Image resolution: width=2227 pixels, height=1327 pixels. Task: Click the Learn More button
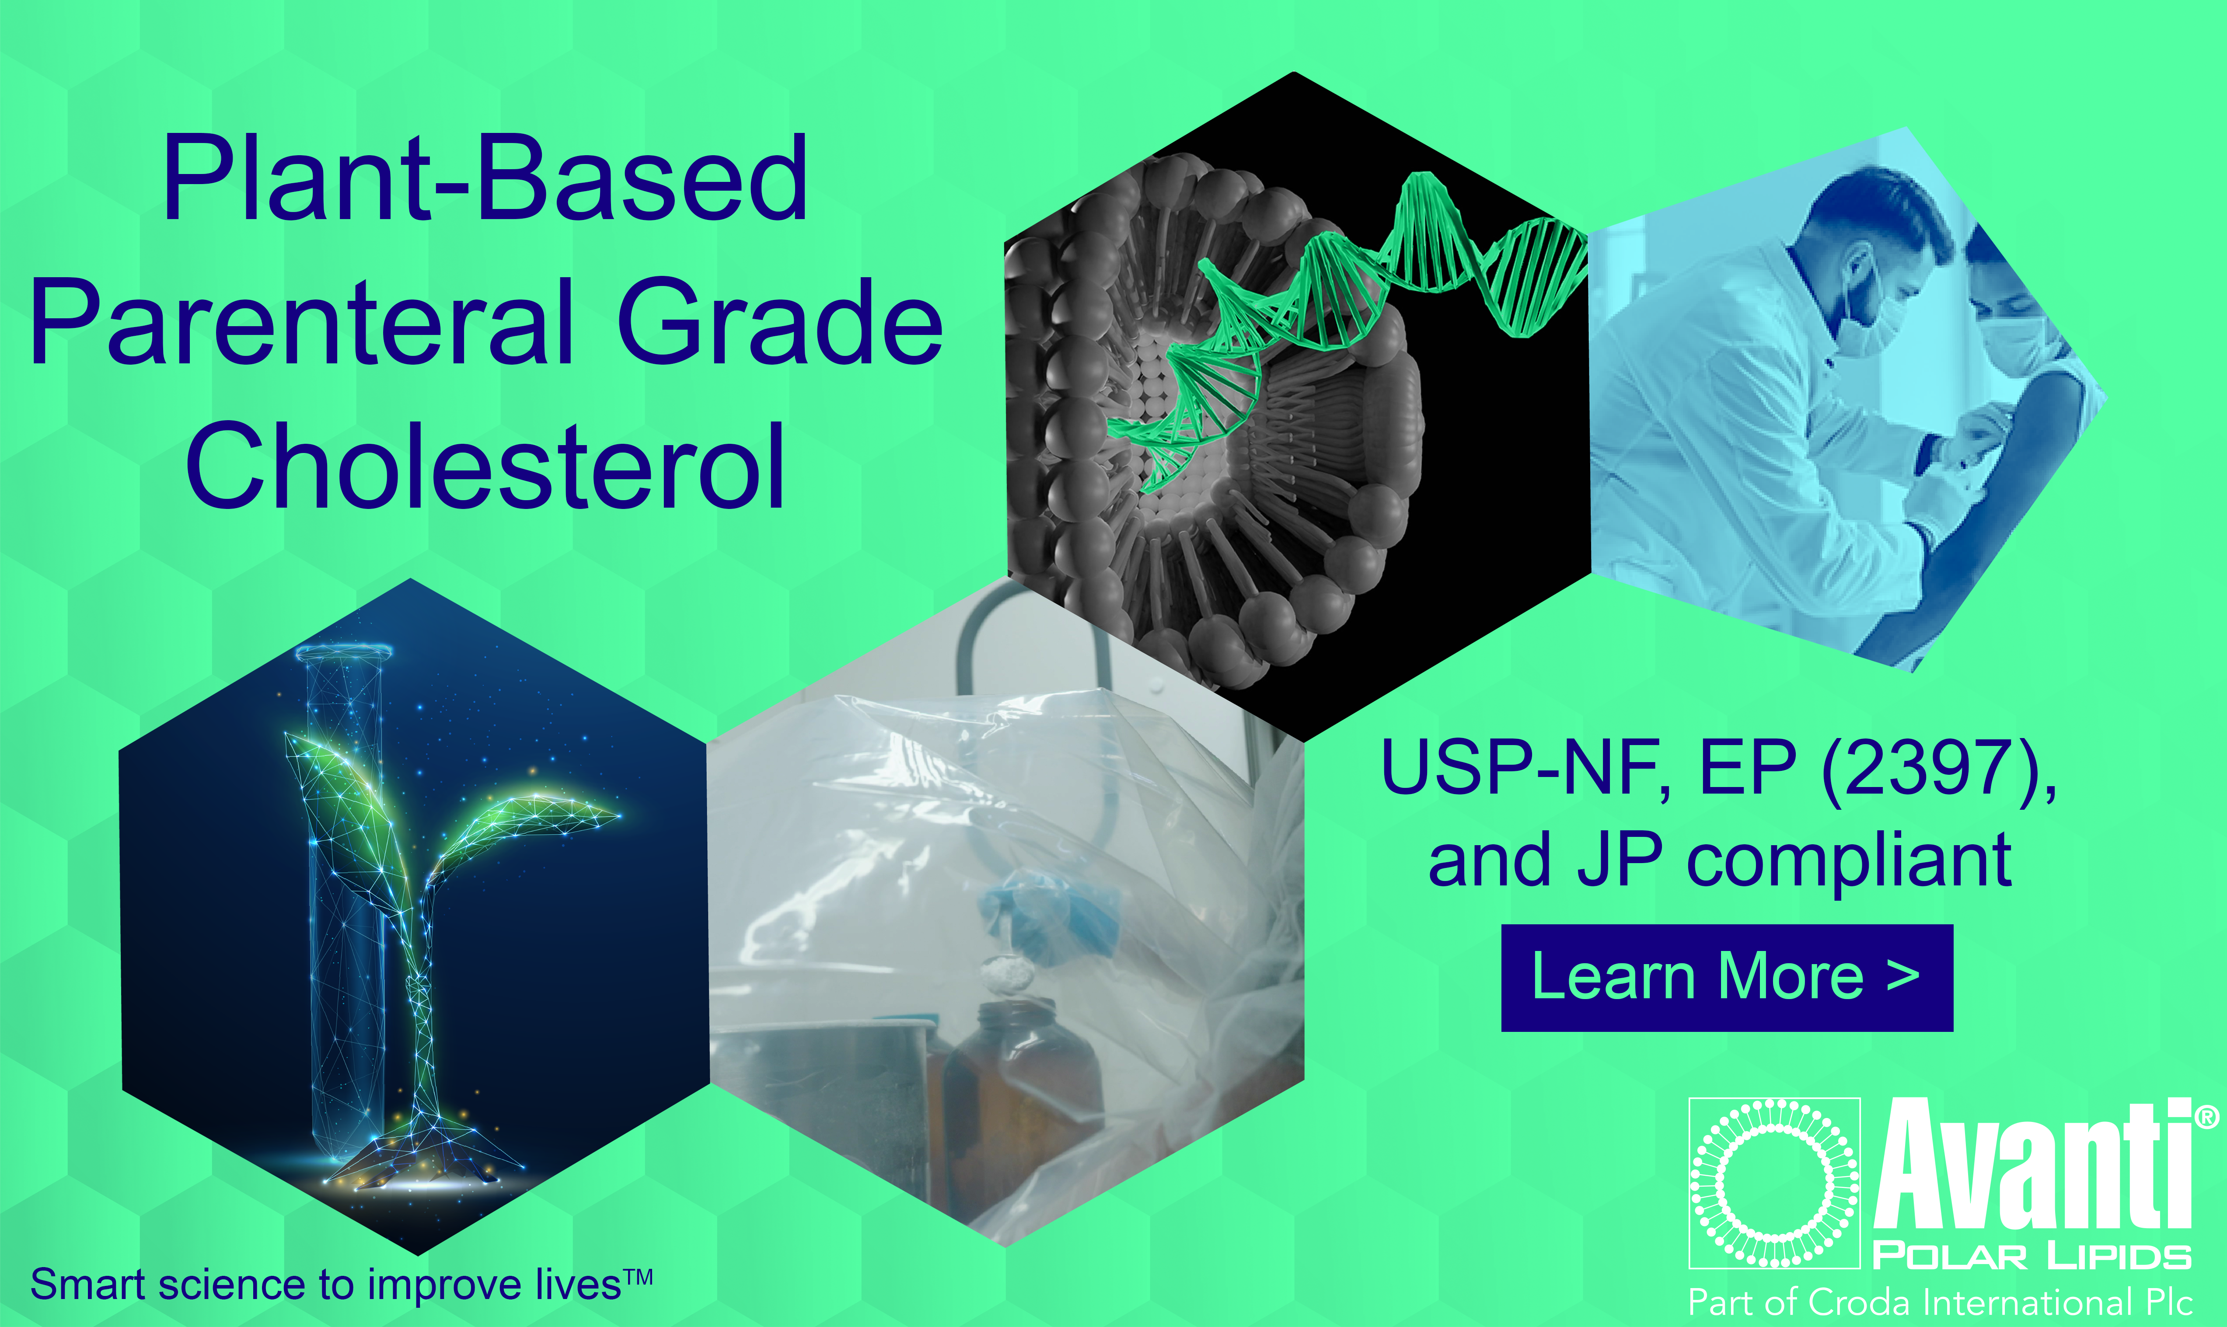pos(1726,977)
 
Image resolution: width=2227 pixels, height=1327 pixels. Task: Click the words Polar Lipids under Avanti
pos(2030,1256)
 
